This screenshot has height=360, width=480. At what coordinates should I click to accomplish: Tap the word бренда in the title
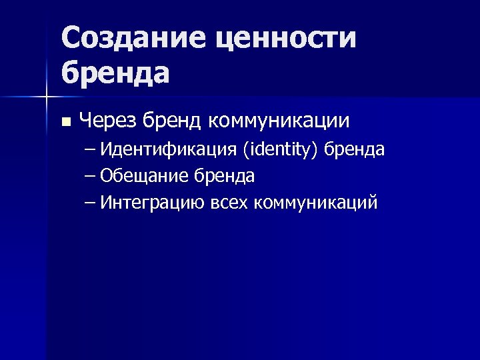[x=115, y=72]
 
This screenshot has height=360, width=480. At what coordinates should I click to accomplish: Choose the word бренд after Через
[x=172, y=121]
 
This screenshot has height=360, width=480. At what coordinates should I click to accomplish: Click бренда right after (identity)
[x=354, y=150]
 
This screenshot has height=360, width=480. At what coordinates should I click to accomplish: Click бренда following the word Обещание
[x=225, y=177]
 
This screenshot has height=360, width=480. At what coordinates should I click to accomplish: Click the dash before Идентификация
[x=91, y=151]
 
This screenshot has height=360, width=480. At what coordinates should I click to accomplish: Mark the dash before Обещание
[x=91, y=177]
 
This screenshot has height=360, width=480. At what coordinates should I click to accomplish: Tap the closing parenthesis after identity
[x=317, y=151]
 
